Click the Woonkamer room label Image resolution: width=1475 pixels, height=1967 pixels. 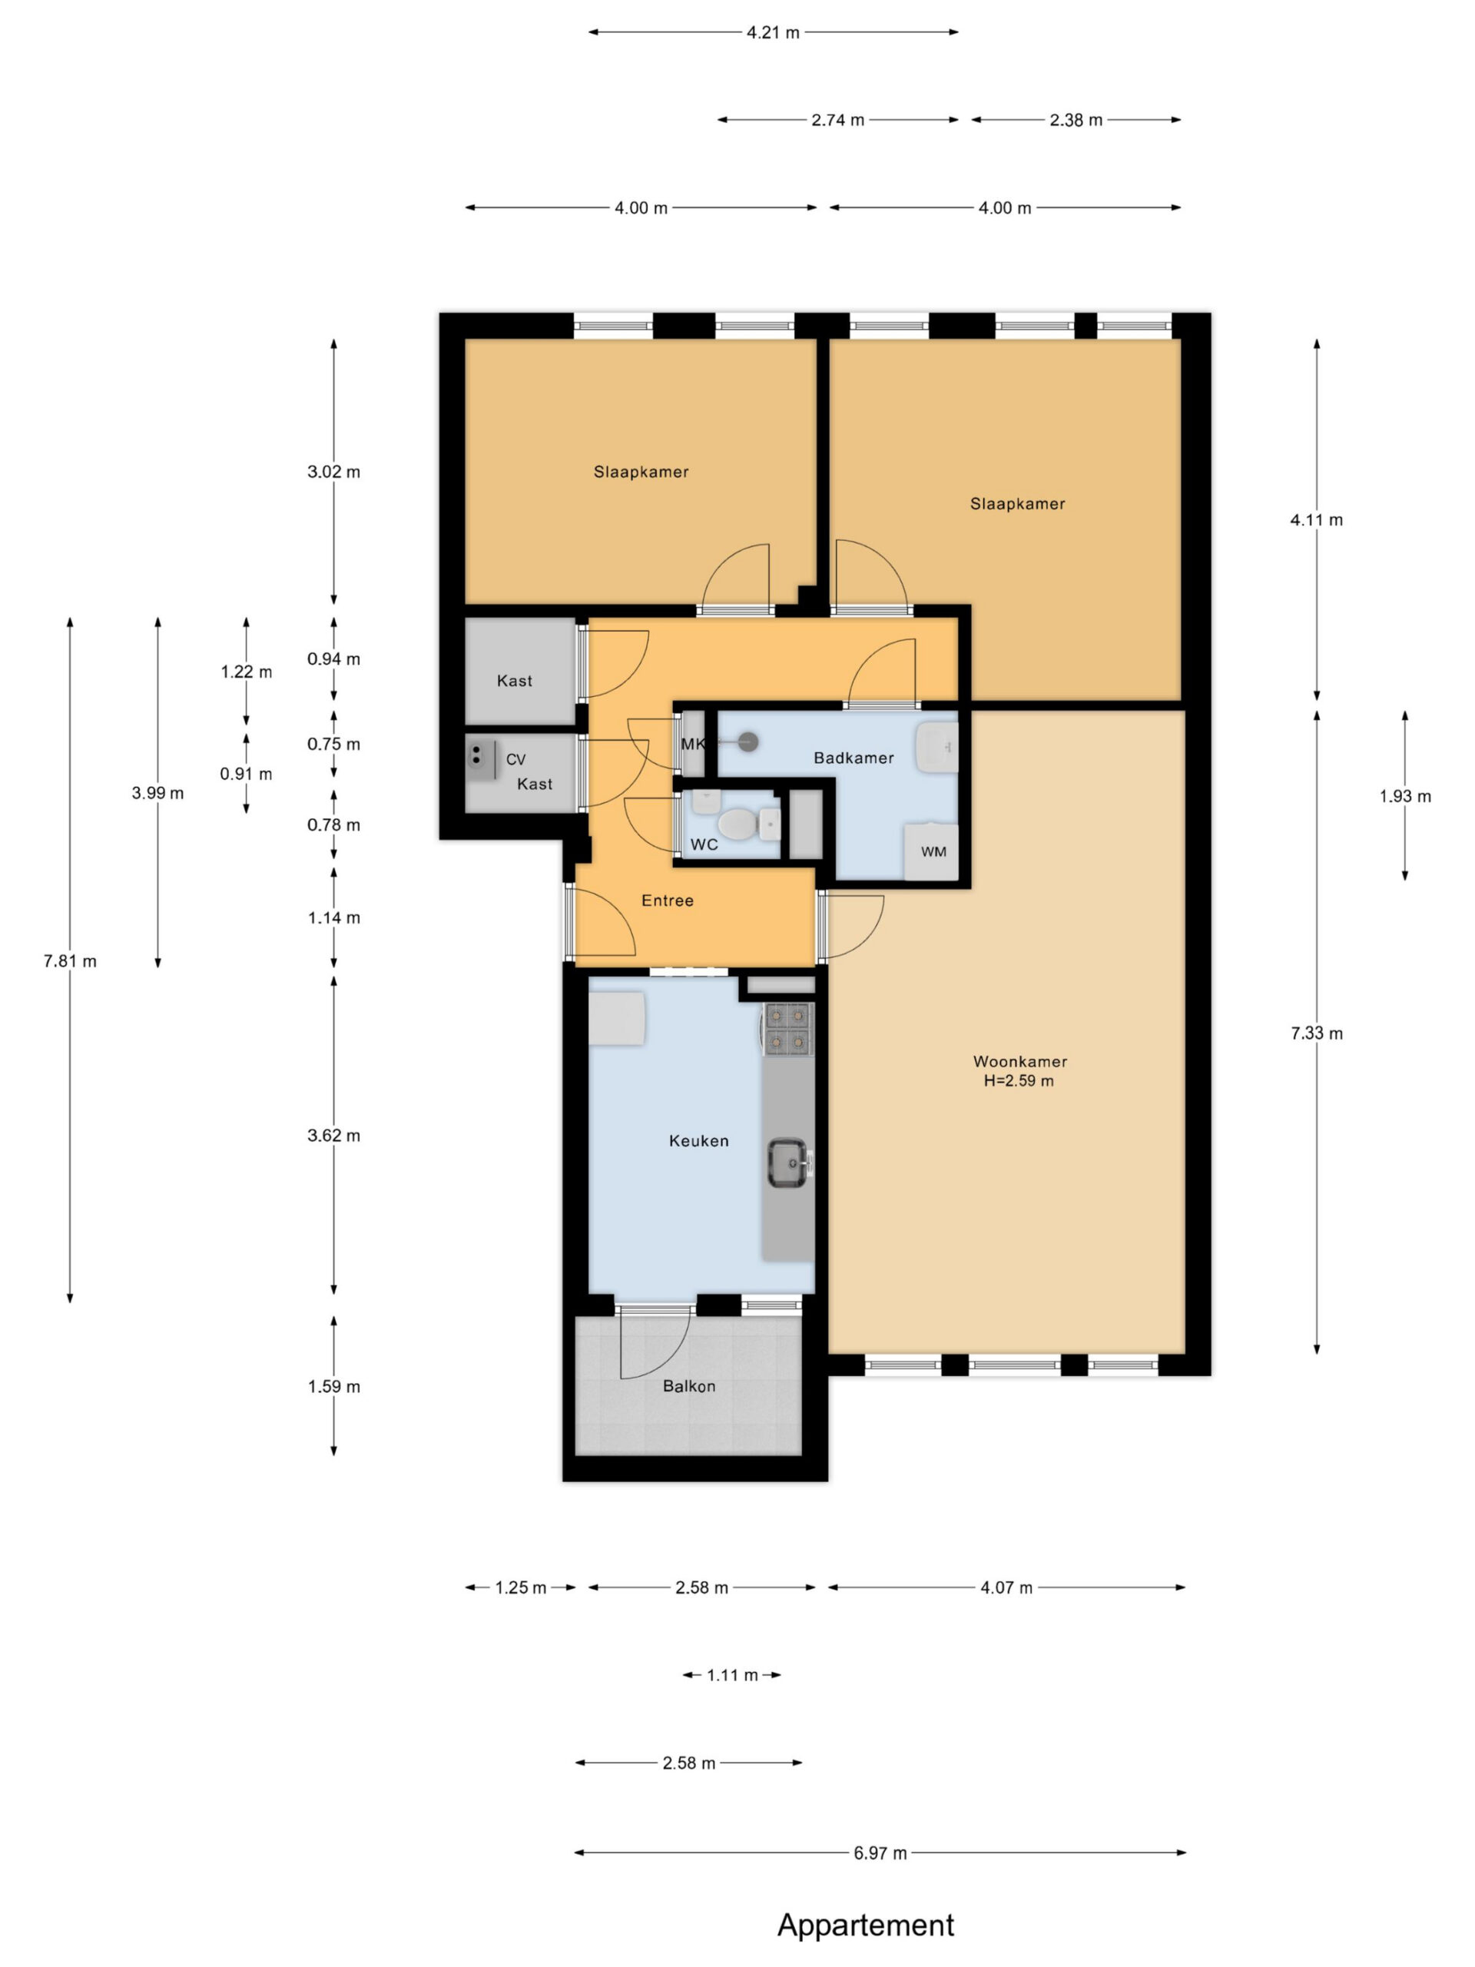point(1019,1061)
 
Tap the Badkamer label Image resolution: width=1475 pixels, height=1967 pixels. point(854,758)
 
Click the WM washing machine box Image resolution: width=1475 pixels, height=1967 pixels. point(932,852)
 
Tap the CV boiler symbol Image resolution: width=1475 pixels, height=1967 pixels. point(481,758)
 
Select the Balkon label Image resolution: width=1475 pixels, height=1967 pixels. point(689,1385)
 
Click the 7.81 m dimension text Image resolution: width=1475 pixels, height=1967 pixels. point(70,961)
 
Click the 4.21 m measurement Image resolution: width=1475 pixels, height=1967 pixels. point(773,33)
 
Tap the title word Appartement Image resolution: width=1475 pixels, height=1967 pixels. point(866,1926)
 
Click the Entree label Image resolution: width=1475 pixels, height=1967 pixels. point(668,901)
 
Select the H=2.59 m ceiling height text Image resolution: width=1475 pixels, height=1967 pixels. point(1019,1081)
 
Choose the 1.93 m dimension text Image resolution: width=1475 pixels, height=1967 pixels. point(1406,797)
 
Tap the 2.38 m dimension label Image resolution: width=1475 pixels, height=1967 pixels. point(1076,120)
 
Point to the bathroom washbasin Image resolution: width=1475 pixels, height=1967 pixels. point(937,747)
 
